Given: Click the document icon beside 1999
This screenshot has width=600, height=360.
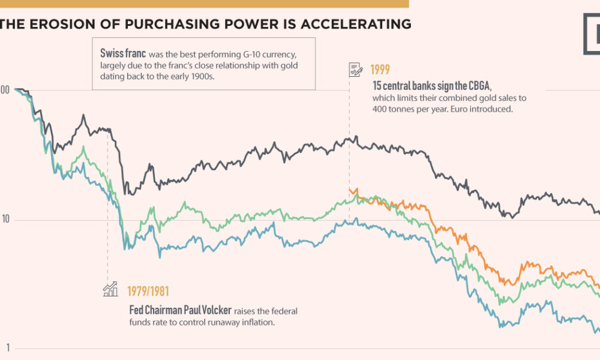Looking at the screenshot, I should [x=355, y=70].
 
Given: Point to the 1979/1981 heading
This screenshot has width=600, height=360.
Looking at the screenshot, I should [x=148, y=292].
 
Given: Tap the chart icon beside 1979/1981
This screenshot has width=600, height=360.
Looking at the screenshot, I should [x=110, y=289].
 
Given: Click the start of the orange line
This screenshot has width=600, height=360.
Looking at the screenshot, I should [x=349, y=191].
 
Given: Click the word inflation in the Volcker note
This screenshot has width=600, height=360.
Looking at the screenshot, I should [x=256, y=322].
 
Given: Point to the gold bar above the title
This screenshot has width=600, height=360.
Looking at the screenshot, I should [x=204, y=3].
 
